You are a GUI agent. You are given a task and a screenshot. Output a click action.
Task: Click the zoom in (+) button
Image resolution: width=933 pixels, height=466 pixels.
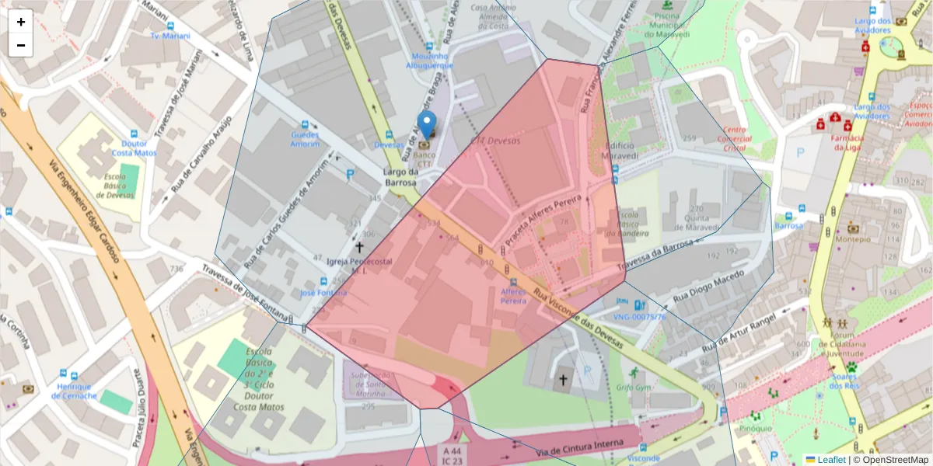pyautogui.click(x=21, y=22)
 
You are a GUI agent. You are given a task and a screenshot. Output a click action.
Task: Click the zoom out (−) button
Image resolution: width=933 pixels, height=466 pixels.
pyautogui.click(x=21, y=45)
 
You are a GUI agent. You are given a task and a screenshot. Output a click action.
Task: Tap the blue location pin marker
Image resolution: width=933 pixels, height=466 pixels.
pyautogui.click(x=426, y=125)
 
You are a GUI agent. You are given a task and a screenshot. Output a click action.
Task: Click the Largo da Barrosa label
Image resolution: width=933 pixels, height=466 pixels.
pyautogui.click(x=400, y=177)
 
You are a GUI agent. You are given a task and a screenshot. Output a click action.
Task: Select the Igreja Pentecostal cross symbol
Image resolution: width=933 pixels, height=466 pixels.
pyautogui.click(x=359, y=247)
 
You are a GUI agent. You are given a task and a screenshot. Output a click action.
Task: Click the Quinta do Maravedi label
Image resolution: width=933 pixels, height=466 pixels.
pyautogui.click(x=684, y=223)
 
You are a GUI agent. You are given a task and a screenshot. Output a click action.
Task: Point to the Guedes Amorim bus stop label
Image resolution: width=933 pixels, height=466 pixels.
pyautogui.click(x=305, y=139)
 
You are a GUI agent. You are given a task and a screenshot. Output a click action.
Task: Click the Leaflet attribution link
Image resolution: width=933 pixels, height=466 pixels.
pyautogui.click(x=830, y=460)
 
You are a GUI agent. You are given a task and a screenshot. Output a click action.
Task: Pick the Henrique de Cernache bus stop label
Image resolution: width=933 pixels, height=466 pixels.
pyautogui.click(x=74, y=391)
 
